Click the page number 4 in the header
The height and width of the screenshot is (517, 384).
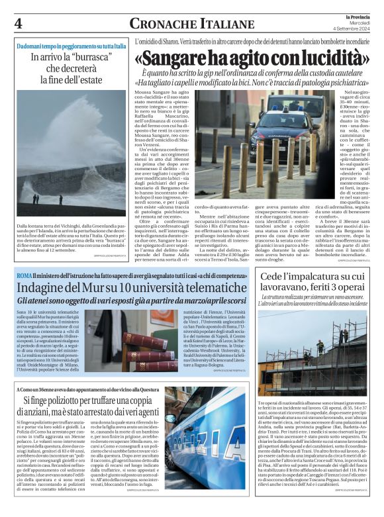[x=19, y=24]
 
